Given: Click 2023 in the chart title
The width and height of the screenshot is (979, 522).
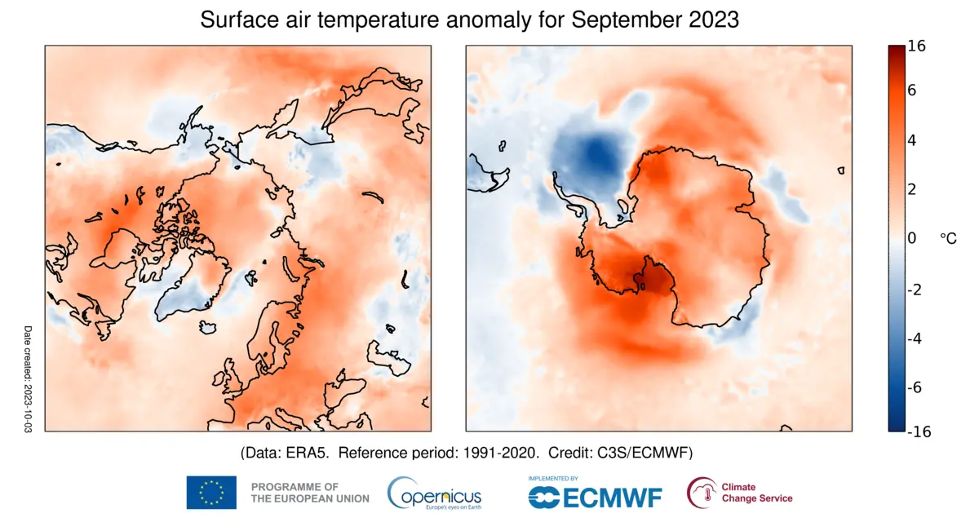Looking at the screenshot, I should tap(712, 20).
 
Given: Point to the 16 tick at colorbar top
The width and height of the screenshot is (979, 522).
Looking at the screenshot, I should tap(916, 47).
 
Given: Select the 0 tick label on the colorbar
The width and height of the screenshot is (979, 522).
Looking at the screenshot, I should tap(912, 238).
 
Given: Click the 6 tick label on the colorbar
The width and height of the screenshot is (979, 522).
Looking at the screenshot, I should tap(912, 91).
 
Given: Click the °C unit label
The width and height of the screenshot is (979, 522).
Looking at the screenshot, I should tap(948, 238).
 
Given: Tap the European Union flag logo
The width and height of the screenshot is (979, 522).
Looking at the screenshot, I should tap(211, 492).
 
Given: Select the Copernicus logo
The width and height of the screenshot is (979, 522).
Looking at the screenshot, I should tap(434, 493).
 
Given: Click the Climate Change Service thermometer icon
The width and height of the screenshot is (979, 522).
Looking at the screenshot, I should tap(700, 493).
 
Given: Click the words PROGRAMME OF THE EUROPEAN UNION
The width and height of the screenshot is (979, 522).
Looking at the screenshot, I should tap(309, 492).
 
